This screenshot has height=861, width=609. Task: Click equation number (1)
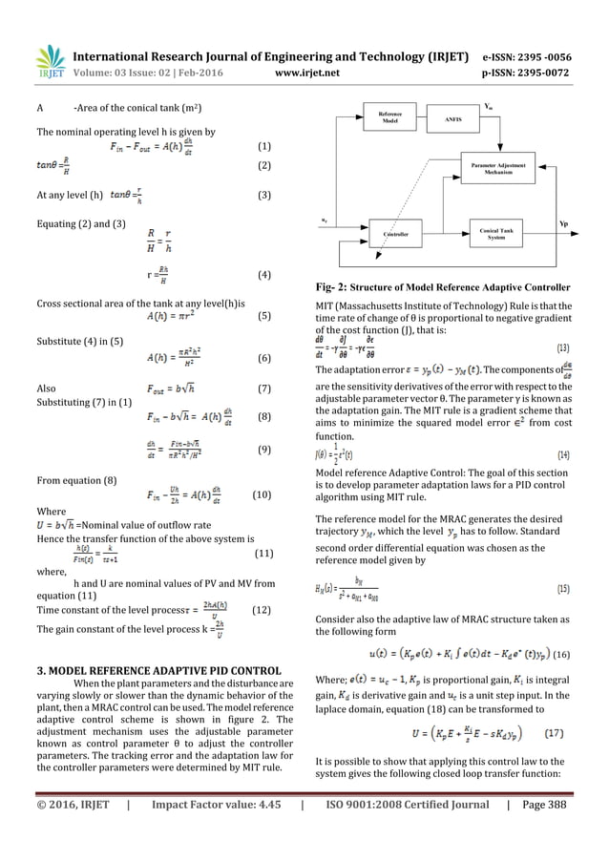(x=264, y=148)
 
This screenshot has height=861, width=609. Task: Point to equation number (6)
(x=264, y=359)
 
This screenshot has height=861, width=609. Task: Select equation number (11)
(x=265, y=554)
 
